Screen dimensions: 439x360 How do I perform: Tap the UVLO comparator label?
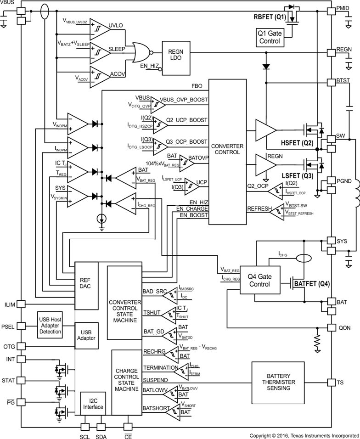(116, 25)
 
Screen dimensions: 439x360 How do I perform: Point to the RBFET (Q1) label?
(270, 17)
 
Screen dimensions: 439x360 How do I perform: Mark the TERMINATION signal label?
(160, 368)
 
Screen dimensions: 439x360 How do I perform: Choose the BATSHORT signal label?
(157, 407)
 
